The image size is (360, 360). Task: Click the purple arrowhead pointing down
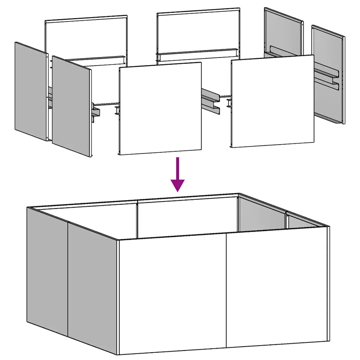tap(178, 185)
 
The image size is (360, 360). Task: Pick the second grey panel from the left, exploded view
tap(71, 106)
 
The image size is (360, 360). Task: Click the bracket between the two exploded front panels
tap(211, 100)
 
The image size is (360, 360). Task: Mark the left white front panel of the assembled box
tap(172, 295)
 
